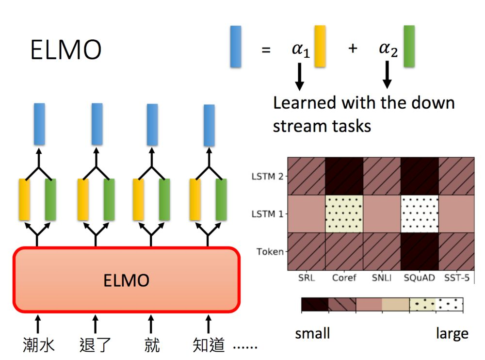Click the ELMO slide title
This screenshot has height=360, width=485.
click(66, 49)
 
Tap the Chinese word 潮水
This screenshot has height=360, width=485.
click(38, 345)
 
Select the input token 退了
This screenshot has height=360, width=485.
click(95, 345)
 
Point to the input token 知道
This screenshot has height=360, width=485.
click(208, 345)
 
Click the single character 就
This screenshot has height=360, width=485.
click(151, 345)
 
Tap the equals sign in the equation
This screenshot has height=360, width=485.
click(266, 49)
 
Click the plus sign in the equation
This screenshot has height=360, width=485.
click(353, 49)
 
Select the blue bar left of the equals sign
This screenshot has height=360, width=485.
click(236, 47)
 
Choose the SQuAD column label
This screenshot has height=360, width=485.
click(420, 278)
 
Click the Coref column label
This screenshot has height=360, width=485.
click(344, 278)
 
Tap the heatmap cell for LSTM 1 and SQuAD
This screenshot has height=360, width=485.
click(420, 213)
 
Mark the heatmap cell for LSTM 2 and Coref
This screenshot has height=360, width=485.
click(344, 176)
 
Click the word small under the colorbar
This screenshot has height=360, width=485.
click(312, 334)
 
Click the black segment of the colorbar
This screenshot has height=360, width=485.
click(315, 305)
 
